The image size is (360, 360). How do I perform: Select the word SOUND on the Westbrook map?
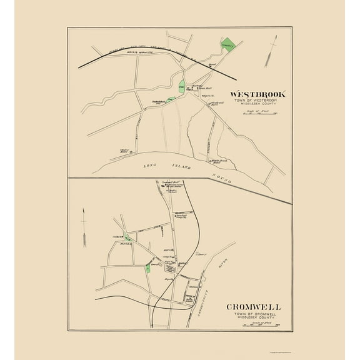[x=222, y=177]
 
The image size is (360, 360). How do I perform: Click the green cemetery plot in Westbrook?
[x=228, y=45]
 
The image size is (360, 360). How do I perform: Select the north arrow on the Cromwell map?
[x=83, y=231]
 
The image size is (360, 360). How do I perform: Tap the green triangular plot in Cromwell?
[x=128, y=237]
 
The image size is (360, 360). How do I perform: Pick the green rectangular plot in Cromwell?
[x=147, y=268]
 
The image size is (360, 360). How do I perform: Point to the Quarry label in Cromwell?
[x=202, y=254]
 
